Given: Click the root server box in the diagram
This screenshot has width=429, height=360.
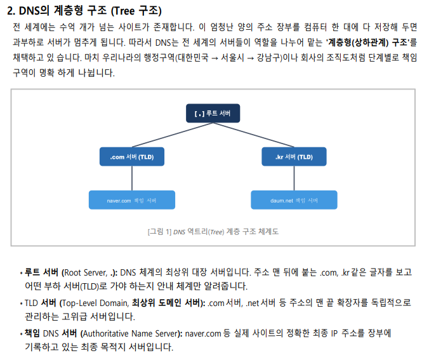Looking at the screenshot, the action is (213, 113).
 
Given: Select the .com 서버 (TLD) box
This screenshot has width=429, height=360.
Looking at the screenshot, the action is (132, 157).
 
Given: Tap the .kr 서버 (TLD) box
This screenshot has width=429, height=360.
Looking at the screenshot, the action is (294, 157).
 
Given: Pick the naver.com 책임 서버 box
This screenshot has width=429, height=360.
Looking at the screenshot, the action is (132, 200).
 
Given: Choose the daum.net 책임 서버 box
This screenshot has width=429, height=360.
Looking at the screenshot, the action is (294, 200).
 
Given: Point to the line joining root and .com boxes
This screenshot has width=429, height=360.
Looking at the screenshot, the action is (173, 135).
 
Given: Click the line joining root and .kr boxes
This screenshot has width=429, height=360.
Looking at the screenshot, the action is (253, 135).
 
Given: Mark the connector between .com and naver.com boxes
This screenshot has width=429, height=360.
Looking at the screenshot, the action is (132, 178).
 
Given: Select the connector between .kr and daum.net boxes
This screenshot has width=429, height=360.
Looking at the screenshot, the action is (294, 178).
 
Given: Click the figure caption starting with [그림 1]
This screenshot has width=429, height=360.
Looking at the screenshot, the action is (213, 232).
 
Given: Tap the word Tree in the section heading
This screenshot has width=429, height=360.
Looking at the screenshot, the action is (124, 11).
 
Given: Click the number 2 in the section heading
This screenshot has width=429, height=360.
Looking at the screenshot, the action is (10, 11).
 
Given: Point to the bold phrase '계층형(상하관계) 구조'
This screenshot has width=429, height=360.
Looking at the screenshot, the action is (367, 42).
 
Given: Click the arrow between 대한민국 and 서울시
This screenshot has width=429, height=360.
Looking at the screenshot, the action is (214, 58).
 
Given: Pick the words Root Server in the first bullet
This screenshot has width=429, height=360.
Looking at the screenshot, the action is (85, 272).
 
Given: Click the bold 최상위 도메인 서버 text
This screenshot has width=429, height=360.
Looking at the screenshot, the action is (167, 303).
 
